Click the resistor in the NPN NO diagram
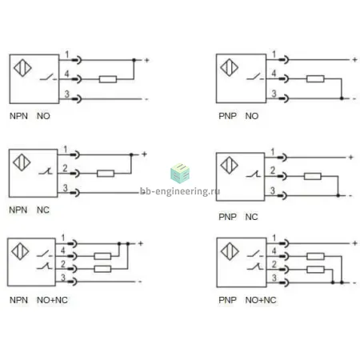(x=108, y=79)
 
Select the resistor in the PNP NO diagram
(x=315, y=78)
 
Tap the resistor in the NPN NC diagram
(x=106, y=174)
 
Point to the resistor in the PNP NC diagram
(x=313, y=176)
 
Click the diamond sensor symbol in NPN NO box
(x=22, y=68)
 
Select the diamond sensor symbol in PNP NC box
(x=229, y=165)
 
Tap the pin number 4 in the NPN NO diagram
(x=66, y=74)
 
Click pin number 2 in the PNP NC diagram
(x=273, y=170)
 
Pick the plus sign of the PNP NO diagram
(x=354, y=60)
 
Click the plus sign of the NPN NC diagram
(x=144, y=154)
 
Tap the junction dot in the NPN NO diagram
(x=134, y=60)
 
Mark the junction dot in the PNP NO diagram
(x=342, y=98)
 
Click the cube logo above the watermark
(x=180, y=174)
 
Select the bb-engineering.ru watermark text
(x=180, y=191)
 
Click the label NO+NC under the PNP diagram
(x=261, y=300)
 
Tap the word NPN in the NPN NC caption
(x=18, y=210)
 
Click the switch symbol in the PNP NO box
(x=255, y=78)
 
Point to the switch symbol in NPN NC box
(x=46, y=171)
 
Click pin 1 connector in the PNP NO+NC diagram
(x=284, y=243)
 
